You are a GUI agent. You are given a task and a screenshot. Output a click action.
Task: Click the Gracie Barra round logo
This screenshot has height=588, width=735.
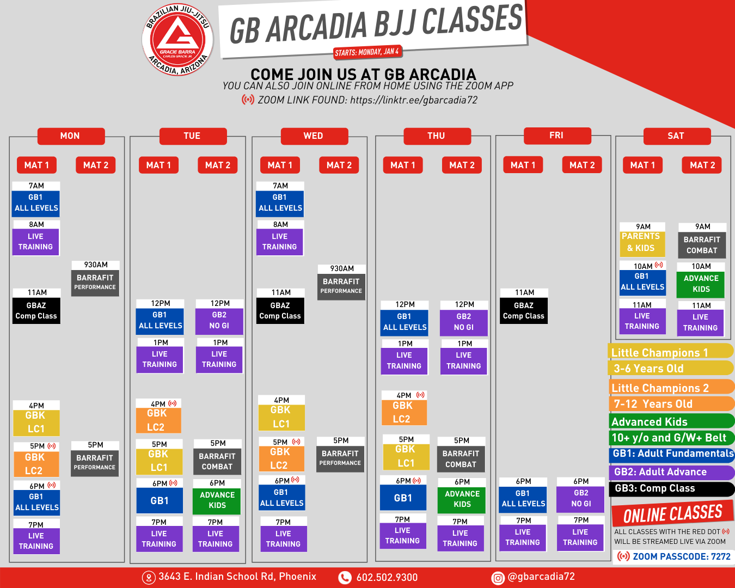pos(177,39)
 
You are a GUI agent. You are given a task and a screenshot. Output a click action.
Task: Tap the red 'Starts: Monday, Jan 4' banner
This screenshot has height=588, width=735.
pos(367,52)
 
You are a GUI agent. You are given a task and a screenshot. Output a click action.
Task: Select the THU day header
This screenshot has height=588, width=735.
pos(437,136)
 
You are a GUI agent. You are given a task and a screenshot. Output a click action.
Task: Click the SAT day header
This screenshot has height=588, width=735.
pos(677,136)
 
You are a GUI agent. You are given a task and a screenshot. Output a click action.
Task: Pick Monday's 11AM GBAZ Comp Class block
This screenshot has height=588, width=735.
pos(36,306)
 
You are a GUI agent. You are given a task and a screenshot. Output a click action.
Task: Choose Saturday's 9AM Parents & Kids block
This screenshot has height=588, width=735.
pos(642,240)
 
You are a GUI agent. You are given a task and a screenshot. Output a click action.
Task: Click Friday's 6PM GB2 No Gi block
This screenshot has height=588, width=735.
pos(580,495)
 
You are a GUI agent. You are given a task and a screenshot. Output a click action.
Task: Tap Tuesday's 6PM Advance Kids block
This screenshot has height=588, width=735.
pos(217,497)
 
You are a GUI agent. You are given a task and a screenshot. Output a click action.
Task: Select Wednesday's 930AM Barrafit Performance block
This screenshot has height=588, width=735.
pos(341,283)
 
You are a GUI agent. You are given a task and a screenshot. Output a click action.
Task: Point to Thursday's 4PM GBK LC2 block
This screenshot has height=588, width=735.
pos(403,408)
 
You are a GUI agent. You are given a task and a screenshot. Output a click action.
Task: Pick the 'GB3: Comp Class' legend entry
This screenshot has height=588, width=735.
pos(671,488)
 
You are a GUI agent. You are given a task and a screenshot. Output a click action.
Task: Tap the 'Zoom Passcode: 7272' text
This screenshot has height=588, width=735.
pos(682,556)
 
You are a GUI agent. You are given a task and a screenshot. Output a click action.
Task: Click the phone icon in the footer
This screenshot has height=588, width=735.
pos(345,578)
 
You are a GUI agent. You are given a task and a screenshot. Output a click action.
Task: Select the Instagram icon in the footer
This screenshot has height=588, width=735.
pos(498,578)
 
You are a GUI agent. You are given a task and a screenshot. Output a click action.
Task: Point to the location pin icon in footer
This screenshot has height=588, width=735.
pos(149,578)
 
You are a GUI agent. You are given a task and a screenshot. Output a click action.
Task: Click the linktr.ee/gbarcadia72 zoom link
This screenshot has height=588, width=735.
pos(414,100)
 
